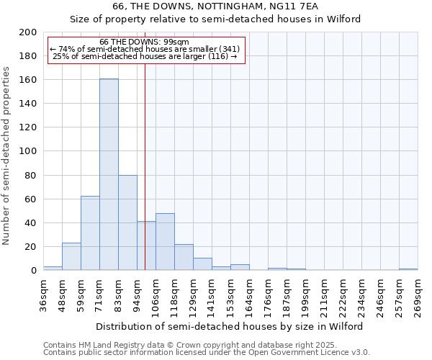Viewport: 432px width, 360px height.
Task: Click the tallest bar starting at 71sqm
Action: point(109,174)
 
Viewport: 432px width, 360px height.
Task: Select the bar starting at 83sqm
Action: point(127,222)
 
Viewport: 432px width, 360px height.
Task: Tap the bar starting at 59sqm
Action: point(90,233)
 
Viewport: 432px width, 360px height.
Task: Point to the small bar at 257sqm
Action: point(408,269)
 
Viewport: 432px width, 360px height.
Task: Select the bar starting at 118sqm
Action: point(184,257)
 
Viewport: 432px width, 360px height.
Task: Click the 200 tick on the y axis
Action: point(28,32)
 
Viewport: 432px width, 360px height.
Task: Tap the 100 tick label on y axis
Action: point(28,151)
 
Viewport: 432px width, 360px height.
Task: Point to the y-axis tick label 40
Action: point(31,223)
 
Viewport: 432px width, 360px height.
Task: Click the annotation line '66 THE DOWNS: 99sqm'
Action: point(144,42)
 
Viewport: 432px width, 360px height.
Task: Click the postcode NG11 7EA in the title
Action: point(295,6)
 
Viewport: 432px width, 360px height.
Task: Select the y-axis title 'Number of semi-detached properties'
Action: point(6,156)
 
